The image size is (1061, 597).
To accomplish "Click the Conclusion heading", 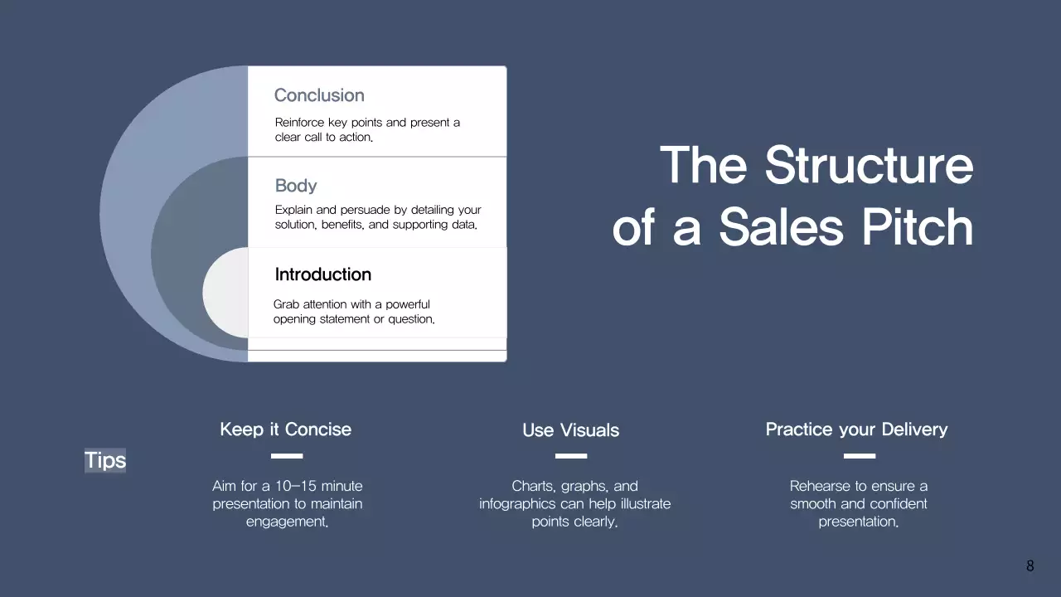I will (x=319, y=95).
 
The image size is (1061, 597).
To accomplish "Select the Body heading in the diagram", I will (x=296, y=186).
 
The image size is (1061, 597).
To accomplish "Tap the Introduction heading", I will (x=322, y=274).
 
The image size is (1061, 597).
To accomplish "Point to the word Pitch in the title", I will (x=918, y=227).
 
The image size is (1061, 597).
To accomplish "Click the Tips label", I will (x=105, y=460).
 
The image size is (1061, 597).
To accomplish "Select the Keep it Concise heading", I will (x=285, y=430).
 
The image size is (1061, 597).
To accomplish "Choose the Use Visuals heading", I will (x=570, y=430).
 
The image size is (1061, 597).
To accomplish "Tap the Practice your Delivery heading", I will (x=856, y=430).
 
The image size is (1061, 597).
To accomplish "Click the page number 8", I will (x=1030, y=566).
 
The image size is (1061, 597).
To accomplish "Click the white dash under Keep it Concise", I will (x=287, y=456).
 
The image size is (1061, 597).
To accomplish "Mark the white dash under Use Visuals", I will (x=570, y=456).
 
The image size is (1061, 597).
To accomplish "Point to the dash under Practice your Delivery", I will (x=859, y=456).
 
